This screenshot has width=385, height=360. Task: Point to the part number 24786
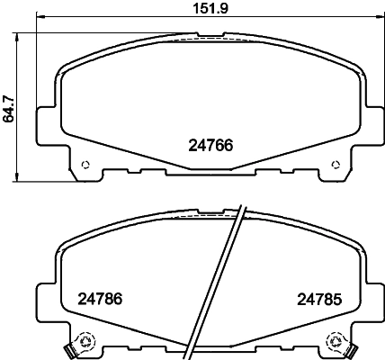coord(100,301)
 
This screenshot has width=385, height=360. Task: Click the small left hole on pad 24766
coord(85,165)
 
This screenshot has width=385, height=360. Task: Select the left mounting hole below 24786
coord(86,342)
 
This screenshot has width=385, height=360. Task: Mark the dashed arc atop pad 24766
coord(211,40)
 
